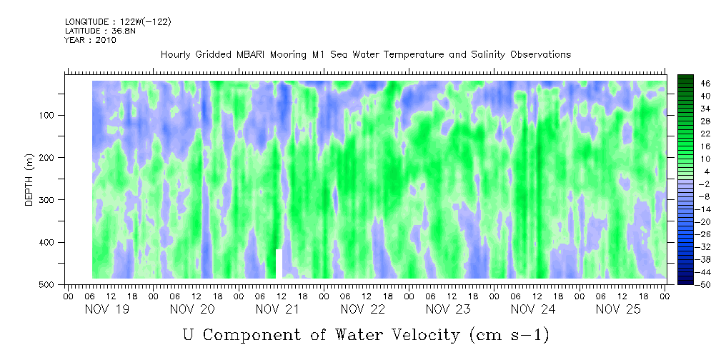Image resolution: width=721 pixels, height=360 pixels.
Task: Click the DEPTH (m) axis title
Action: coord(29,182)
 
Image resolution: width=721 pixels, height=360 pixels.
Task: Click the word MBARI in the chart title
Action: coord(256,55)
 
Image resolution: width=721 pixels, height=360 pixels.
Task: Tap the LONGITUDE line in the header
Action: coord(118,22)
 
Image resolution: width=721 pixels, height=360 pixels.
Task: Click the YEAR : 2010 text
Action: coord(90,40)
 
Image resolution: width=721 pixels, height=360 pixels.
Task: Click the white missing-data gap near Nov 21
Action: coord(279,264)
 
